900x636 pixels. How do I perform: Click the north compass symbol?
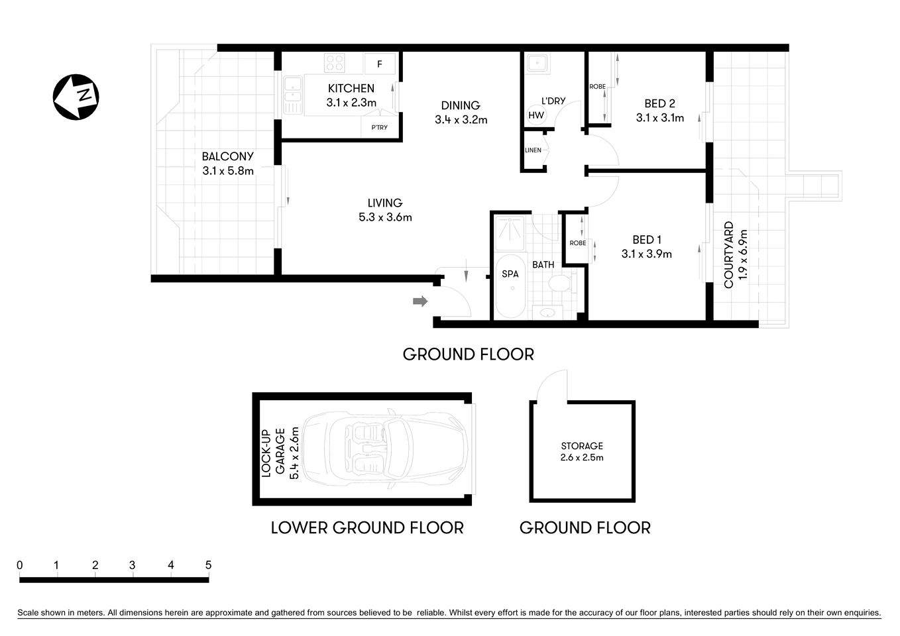tap(76, 97)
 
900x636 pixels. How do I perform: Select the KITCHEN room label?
tap(351, 88)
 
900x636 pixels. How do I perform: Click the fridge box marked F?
tap(380, 64)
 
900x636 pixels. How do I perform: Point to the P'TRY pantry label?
tap(379, 127)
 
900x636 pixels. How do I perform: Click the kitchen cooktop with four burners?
tap(335, 64)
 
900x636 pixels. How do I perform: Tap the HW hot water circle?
tap(536, 115)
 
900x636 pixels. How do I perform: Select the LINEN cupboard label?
tap(533, 150)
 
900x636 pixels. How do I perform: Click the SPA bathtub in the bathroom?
tap(510, 286)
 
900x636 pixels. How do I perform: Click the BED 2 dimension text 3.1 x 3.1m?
tap(659, 118)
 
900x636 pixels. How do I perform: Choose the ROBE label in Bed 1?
tap(577, 243)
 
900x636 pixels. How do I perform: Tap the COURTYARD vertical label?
tap(728, 255)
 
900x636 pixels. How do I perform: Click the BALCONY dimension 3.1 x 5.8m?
tap(228, 171)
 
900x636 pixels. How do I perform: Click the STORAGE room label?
tap(582, 446)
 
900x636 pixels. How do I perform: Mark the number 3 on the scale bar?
tap(133, 565)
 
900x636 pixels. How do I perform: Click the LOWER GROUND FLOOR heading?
tap(366, 528)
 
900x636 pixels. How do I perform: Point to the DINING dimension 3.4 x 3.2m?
tap(461, 120)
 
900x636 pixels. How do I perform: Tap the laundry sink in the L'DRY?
tap(535, 64)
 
